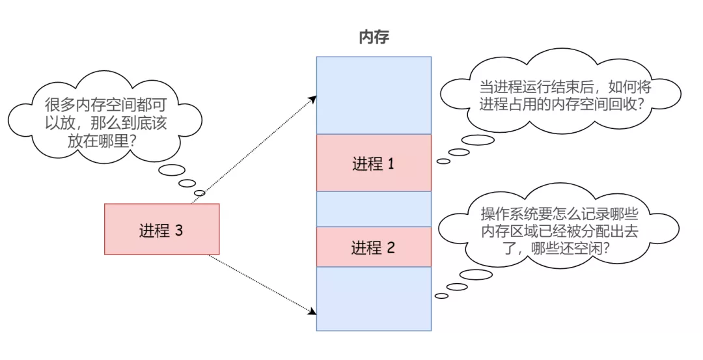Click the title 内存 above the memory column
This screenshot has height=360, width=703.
pyautogui.click(x=374, y=37)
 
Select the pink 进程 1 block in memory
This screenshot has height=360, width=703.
pyautogui.click(x=374, y=163)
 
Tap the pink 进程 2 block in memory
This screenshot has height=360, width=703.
pyautogui.click(x=374, y=247)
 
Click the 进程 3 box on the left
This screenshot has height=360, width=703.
pyautogui.click(x=161, y=229)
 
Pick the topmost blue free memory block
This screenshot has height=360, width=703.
pyautogui.click(x=374, y=95)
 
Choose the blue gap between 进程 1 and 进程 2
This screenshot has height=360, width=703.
pyautogui.click(x=374, y=209)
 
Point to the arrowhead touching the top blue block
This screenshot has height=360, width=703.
pyautogui.click(x=313, y=98)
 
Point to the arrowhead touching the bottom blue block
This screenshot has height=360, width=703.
pyautogui.click(x=313, y=316)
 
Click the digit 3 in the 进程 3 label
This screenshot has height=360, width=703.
pyautogui.click(x=180, y=230)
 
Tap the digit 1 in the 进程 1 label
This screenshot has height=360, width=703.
pyautogui.click(x=391, y=164)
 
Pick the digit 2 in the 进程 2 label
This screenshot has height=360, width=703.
pyautogui.click(x=391, y=248)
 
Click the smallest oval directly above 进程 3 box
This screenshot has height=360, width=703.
pyautogui.click(x=200, y=193)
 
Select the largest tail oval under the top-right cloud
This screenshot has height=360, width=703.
pyautogui.click(x=478, y=140)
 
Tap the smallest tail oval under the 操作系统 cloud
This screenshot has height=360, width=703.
pyautogui.click(x=441, y=296)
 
